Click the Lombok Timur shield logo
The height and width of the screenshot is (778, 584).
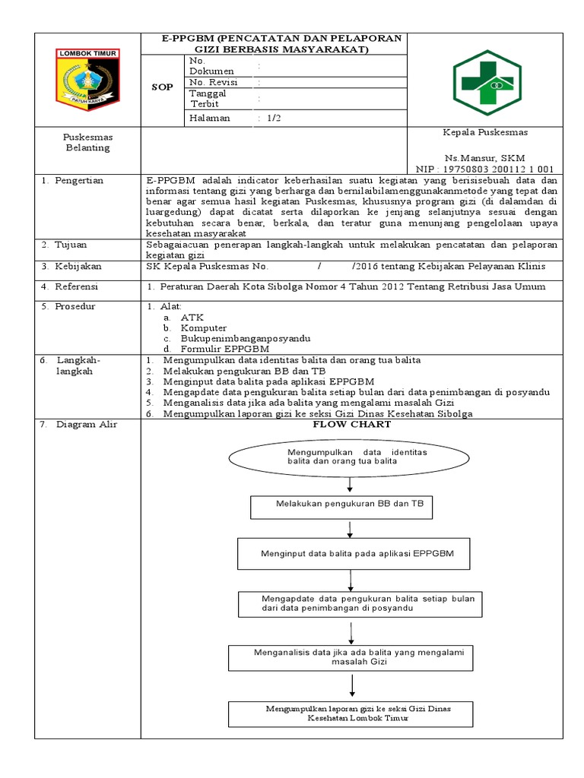click(x=86, y=77)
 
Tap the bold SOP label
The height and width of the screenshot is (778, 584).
click(x=162, y=87)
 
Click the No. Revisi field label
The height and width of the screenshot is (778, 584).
click(x=214, y=82)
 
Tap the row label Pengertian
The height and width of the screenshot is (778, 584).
click(x=78, y=181)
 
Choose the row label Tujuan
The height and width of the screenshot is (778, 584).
click(x=72, y=245)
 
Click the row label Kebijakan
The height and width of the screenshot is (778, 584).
click(x=78, y=267)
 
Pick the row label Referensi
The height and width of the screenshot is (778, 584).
click(x=78, y=286)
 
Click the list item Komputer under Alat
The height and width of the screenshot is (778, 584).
click(x=203, y=327)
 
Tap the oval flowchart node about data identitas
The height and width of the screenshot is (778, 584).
click(x=349, y=457)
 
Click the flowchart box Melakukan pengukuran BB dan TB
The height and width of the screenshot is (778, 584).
click(x=341, y=504)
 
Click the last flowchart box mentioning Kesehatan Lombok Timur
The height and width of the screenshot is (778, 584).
click(x=351, y=713)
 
